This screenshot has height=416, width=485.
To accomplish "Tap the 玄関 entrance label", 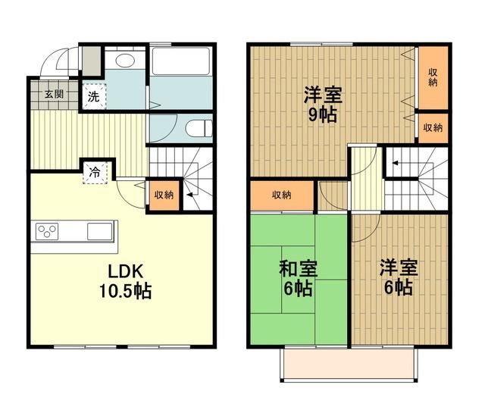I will [x=53, y=95].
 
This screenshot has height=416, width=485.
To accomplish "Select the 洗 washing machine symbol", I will [x=93, y=96].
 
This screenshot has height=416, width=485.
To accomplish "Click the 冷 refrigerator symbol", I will [x=96, y=170].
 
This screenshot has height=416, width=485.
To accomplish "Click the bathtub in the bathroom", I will [x=181, y=61].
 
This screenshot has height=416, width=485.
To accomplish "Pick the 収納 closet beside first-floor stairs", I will [x=164, y=195].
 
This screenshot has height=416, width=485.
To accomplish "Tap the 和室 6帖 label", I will [x=298, y=278].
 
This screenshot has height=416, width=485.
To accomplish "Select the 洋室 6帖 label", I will [x=396, y=277].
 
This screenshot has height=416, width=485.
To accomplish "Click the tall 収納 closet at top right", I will [x=433, y=77].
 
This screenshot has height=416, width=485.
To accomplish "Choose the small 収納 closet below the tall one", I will [x=433, y=127].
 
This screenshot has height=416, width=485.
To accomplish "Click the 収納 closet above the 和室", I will [x=281, y=195].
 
